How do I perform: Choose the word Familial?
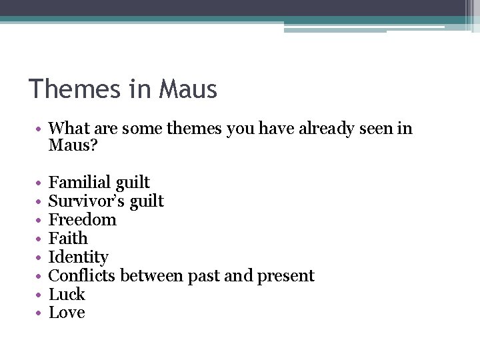(79, 183)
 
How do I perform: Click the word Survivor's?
(85, 201)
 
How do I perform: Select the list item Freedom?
(83, 220)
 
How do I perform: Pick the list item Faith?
(68, 239)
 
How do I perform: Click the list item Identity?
(79, 257)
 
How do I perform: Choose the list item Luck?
(67, 295)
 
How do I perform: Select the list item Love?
(67, 313)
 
